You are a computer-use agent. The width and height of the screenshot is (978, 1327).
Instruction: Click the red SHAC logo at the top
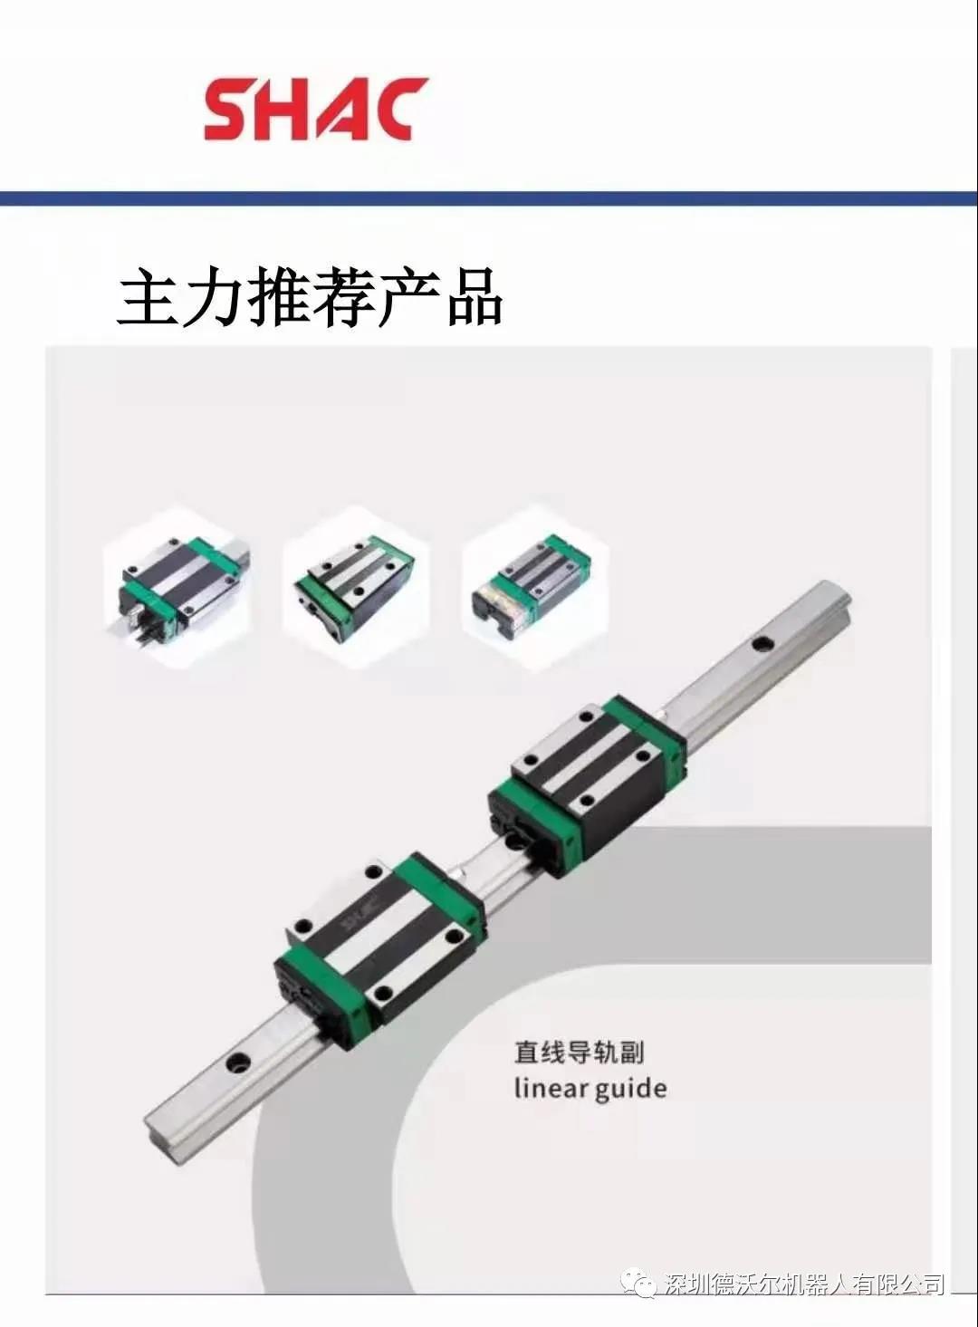point(316,110)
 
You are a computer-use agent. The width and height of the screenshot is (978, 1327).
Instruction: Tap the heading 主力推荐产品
point(309,297)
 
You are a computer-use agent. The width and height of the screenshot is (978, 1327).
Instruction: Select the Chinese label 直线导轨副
point(578,1053)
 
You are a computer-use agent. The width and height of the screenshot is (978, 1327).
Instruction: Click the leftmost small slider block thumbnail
point(177,587)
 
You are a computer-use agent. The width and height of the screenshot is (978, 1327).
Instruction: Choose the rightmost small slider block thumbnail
point(535,587)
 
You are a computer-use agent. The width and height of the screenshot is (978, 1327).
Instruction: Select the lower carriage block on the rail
point(379,951)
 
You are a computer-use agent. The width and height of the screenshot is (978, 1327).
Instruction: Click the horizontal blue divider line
point(489,197)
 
